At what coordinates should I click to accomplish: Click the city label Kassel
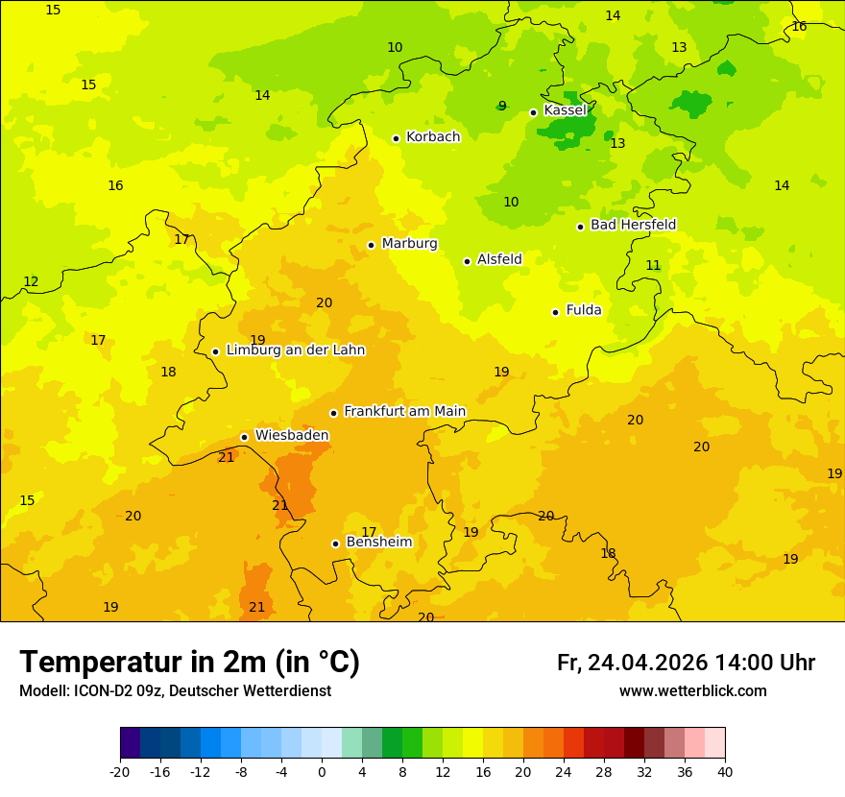pyautogui.click(x=565, y=110)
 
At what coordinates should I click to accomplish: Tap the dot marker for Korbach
pyautogui.click(x=396, y=138)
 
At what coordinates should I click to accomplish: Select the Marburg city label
pyautogui.click(x=409, y=244)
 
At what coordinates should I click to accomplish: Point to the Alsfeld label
pyautogui.click(x=499, y=259)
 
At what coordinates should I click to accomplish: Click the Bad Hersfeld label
pyautogui.click(x=633, y=225)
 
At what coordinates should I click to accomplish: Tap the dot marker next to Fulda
pyautogui.click(x=555, y=312)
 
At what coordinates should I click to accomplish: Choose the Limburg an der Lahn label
pyautogui.click(x=295, y=350)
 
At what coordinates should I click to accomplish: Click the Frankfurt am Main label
pyautogui.click(x=404, y=411)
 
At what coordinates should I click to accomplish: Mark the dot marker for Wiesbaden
pyautogui.click(x=244, y=437)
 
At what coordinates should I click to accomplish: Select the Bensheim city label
pyautogui.click(x=378, y=543)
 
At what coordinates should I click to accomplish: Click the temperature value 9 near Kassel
pyautogui.click(x=502, y=107)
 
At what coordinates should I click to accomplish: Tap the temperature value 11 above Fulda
pyautogui.click(x=653, y=266)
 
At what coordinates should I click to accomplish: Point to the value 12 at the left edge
pyautogui.click(x=31, y=282)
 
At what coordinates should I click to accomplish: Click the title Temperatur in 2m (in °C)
pyautogui.click(x=189, y=663)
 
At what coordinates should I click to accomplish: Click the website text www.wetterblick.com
pyautogui.click(x=692, y=691)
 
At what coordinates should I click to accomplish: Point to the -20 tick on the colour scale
pyautogui.click(x=120, y=771)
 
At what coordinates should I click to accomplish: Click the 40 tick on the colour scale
pyautogui.click(x=725, y=771)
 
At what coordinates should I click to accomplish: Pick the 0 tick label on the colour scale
pyautogui.click(x=322, y=771)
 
